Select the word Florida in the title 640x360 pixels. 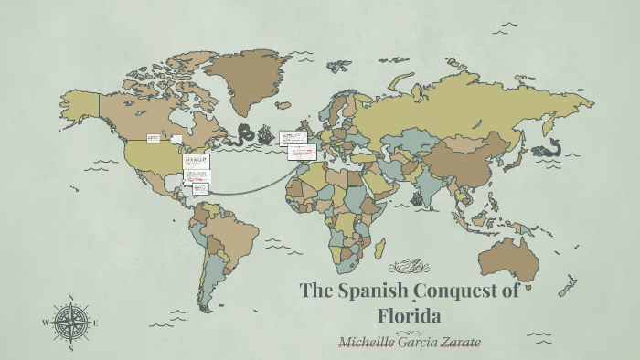click(x=410, y=317)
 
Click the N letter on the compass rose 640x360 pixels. click(x=70, y=299)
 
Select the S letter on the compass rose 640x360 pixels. click(x=70, y=347)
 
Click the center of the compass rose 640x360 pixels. click(x=70, y=323)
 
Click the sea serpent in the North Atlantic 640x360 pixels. click(x=245, y=135)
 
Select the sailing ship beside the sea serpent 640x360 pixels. click(x=266, y=137)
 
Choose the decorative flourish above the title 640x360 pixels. click(x=409, y=267)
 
